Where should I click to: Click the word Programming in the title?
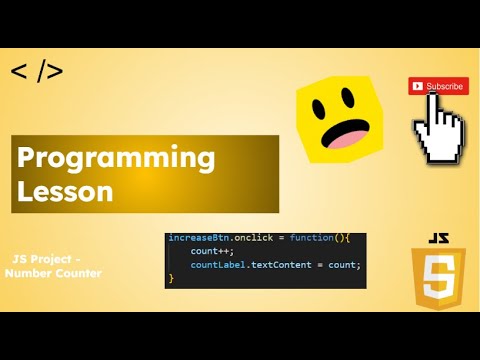click(116, 158)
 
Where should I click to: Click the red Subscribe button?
click(438, 86)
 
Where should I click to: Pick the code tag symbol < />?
click(37, 71)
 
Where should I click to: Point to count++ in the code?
click(212, 252)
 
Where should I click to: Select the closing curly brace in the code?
click(171, 279)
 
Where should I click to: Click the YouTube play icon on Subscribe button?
click(418, 86)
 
